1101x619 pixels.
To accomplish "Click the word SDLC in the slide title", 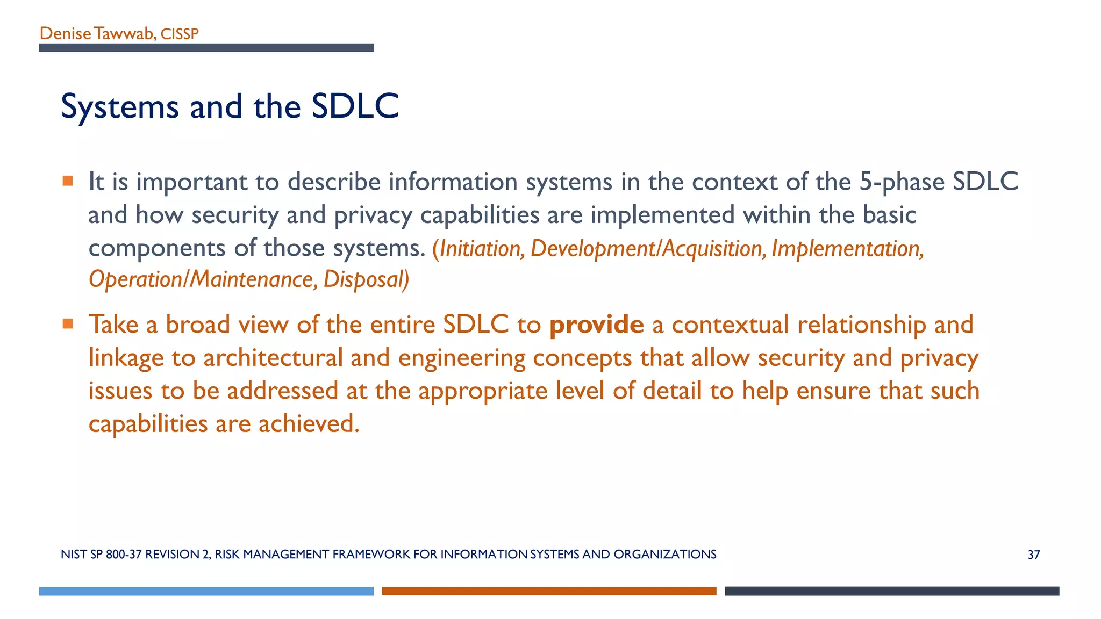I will pos(355,106).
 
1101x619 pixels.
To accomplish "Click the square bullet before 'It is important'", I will pos(68,181).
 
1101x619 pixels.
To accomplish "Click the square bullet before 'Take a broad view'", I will pos(68,323).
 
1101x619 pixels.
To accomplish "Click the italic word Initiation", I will pos(482,249).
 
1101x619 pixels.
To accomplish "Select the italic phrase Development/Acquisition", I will pos(648,249).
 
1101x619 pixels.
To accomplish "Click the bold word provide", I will pos(596,325).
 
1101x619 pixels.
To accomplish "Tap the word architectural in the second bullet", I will pos(273,358).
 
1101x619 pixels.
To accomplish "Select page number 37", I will pos(1033,555).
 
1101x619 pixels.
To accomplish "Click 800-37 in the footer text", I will pos(123,555).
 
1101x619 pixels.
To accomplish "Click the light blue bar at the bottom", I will pos(206,591).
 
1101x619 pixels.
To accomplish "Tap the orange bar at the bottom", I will pos(549,591).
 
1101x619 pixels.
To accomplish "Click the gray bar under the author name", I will pos(206,48).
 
